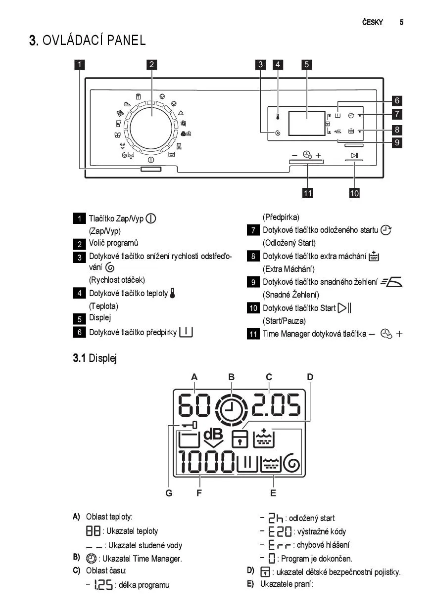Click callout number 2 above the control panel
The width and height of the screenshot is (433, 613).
[151, 65]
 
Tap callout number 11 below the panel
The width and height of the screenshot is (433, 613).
[308, 193]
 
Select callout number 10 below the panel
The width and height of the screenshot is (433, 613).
[354, 193]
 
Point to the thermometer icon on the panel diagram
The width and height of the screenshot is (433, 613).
[278, 117]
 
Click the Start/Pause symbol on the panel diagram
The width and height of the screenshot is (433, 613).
[354, 155]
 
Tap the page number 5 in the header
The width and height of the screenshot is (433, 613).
[401, 22]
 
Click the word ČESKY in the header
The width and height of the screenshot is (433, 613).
[373, 22]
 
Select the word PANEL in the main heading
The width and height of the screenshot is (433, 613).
[126, 40]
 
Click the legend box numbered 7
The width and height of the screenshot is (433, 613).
[253, 230]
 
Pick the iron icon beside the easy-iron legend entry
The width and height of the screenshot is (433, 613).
[391, 282]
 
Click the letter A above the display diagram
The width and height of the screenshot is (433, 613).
[194, 377]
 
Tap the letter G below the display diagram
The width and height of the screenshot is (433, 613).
[169, 493]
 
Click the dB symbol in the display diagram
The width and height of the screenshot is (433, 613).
[213, 438]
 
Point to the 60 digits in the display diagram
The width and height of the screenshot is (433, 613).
[194, 405]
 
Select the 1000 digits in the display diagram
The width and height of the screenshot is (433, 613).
[206, 462]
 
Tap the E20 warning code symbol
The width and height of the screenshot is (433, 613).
[280, 532]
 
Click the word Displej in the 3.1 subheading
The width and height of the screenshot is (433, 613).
[103, 358]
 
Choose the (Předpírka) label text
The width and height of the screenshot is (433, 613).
[281, 218]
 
